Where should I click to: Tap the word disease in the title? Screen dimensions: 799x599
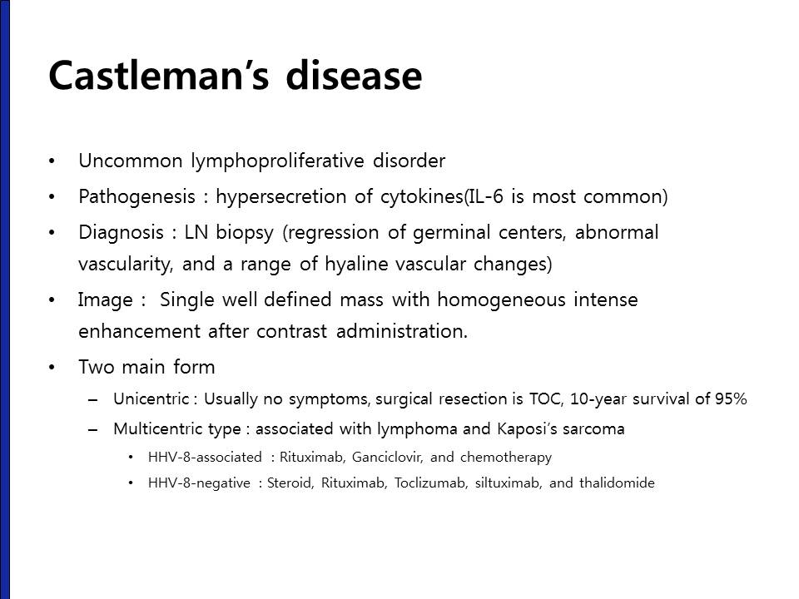tap(355, 75)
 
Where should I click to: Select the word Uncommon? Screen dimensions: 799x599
tap(130, 161)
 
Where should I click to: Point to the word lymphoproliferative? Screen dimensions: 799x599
tap(278, 161)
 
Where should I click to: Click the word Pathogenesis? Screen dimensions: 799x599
tap(136, 197)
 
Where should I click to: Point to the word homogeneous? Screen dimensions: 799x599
tap(501, 299)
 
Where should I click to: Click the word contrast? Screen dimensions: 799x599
tap(291, 332)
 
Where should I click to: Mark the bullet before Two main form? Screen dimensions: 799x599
tap(52, 367)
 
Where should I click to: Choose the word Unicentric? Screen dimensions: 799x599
tap(151, 399)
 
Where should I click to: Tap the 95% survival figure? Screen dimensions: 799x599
tap(731, 399)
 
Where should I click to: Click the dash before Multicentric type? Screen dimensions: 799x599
tap(92, 430)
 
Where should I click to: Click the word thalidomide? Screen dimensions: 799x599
tap(617, 483)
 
